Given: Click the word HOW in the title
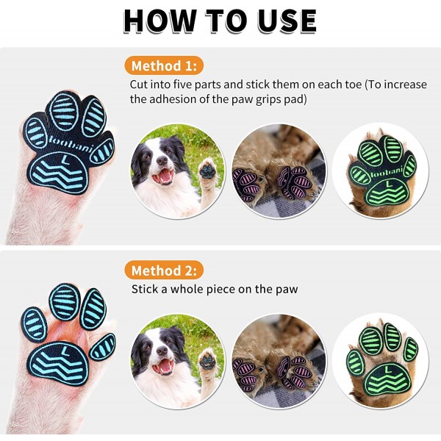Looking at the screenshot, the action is pyautogui.click(x=160, y=21).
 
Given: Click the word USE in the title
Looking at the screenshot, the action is pyautogui.click(x=287, y=21).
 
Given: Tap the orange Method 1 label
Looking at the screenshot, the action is pyautogui.click(x=164, y=66).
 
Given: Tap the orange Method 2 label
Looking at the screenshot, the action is pyautogui.click(x=164, y=270).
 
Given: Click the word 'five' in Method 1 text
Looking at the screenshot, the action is pyautogui.click(x=182, y=85).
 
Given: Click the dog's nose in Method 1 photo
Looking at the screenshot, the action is pyautogui.click(x=162, y=160).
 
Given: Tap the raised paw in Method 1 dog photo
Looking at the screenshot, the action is pyautogui.click(x=207, y=170).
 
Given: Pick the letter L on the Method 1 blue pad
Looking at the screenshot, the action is pyautogui.click(x=65, y=159).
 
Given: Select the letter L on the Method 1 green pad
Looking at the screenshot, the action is pyautogui.click(x=389, y=184).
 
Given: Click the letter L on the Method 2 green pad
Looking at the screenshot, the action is pyautogui.click(x=388, y=369).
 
